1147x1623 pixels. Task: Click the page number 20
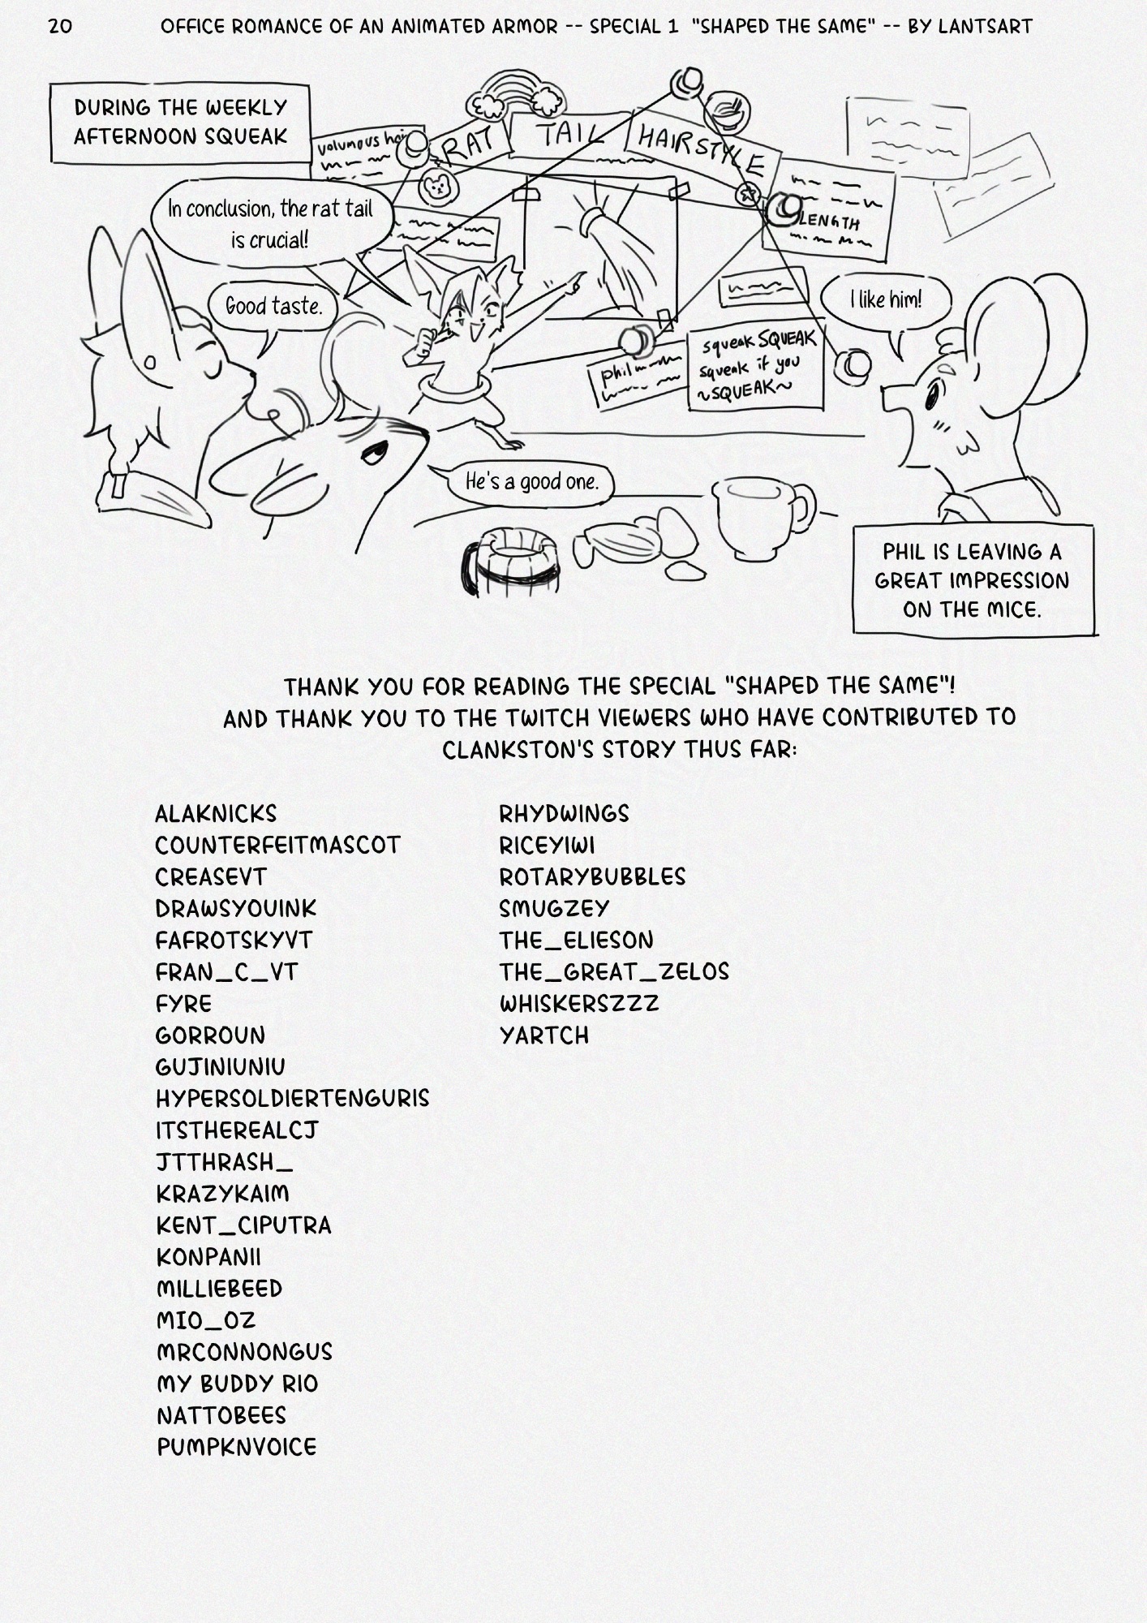pyautogui.click(x=60, y=26)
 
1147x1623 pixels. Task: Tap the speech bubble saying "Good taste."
pyautogui.click(x=273, y=306)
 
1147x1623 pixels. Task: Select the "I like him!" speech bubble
pyautogui.click(x=886, y=300)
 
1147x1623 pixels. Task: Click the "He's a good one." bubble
pyautogui.click(x=531, y=482)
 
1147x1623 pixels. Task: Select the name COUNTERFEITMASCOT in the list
pyautogui.click(x=277, y=846)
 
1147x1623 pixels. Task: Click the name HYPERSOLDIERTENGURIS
pyautogui.click(x=292, y=1099)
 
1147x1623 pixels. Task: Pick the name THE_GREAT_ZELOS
pyautogui.click(x=614, y=972)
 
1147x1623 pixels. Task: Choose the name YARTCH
pyautogui.click(x=544, y=1035)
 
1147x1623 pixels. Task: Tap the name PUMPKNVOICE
pyautogui.click(x=236, y=1447)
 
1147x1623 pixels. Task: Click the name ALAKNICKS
pyautogui.click(x=216, y=814)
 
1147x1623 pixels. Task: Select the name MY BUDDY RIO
pyautogui.click(x=237, y=1384)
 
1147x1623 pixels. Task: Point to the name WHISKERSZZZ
pyautogui.click(x=579, y=1004)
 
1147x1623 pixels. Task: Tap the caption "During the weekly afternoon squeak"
pyautogui.click(x=180, y=122)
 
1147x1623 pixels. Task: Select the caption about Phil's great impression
pyautogui.click(x=972, y=580)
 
